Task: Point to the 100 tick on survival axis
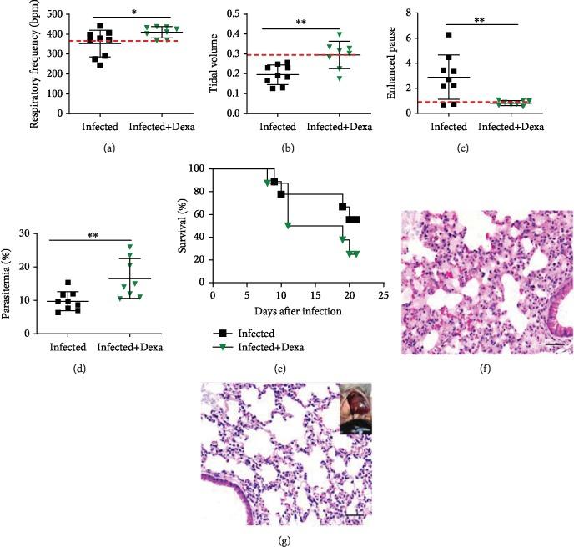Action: [198, 168]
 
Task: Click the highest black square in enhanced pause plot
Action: [448, 35]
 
